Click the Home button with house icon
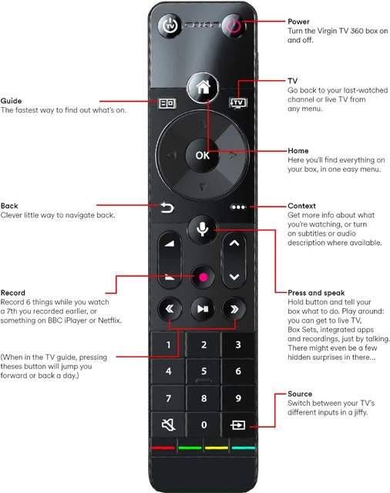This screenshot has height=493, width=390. coord(203,88)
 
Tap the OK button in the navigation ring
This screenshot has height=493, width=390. coord(202,155)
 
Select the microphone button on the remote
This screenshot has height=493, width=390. coord(202,230)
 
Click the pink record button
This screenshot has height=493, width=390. coord(202,277)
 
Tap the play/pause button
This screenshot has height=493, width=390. coord(202,310)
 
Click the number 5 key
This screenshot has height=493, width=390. coord(203,371)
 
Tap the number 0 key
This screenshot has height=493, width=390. coord(203,424)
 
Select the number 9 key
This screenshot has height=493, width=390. coord(238,398)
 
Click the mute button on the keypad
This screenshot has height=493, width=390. coord(168,424)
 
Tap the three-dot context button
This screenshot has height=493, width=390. coord(238,206)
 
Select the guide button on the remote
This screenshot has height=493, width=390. coord(167,101)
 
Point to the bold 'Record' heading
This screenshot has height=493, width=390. coord(13,293)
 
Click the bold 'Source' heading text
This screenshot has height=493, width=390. coord(300,394)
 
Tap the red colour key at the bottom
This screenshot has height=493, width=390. coord(163,448)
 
